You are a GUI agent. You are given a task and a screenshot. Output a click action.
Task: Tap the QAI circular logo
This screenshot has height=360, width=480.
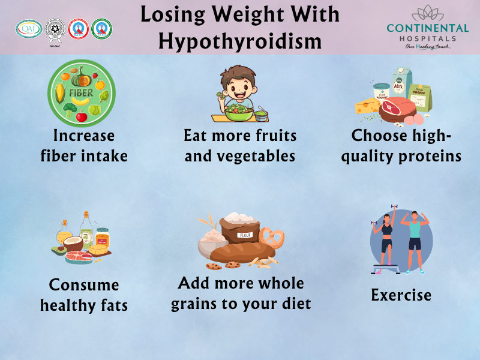click(x=28, y=28)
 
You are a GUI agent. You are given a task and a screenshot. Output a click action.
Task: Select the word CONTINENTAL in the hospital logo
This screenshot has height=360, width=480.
click(x=428, y=28)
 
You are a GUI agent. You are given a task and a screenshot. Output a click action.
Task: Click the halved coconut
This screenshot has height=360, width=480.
click(x=73, y=244)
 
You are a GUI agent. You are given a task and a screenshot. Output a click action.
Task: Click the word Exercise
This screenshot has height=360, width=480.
click(x=401, y=295)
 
